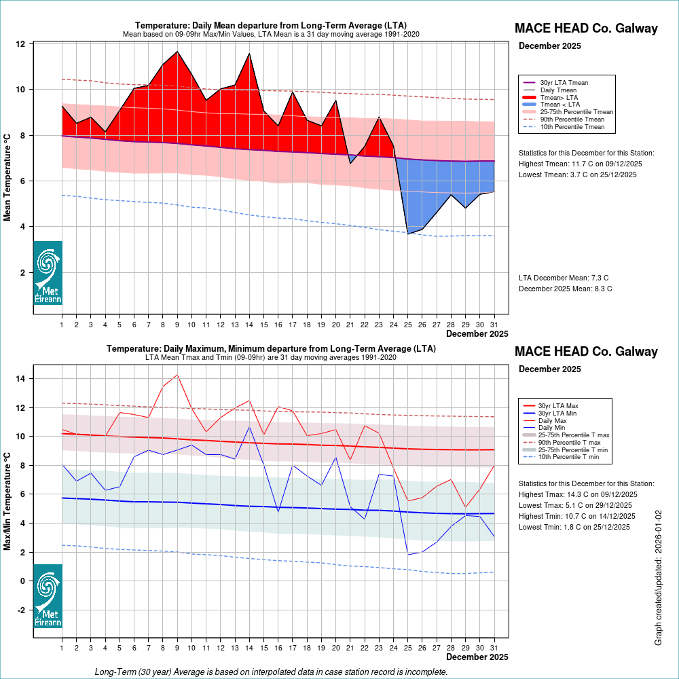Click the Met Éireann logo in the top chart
[48, 272]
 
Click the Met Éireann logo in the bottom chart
[48, 595]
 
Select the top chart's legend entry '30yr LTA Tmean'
[564, 83]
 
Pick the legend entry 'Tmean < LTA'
[560, 105]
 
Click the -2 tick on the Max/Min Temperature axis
[21, 610]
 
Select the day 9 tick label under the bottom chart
[177, 648]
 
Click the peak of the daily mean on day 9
[177, 51]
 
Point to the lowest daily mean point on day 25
[408, 234]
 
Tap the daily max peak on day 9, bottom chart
[177, 375]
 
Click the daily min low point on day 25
[408, 555]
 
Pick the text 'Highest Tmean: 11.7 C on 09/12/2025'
[580, 164]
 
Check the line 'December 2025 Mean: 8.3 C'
[565, 289]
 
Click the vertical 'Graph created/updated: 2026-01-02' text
[658, 578]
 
